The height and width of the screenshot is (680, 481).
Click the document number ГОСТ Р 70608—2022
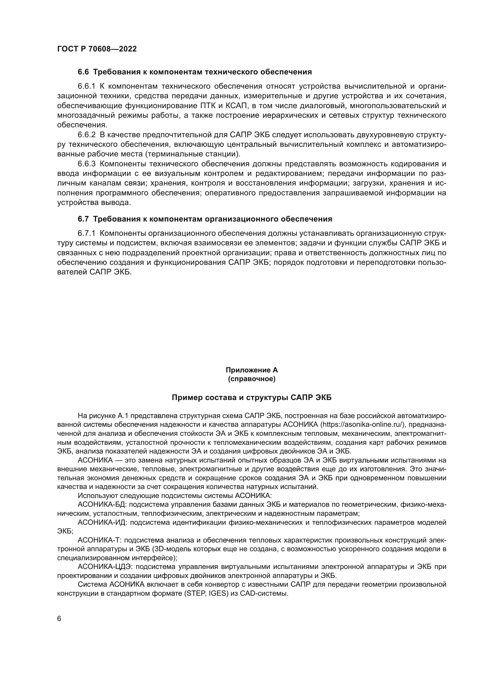tap(97, 49)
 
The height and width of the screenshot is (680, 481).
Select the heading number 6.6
tap(83, 72)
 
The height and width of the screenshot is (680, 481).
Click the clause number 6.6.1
tap(86, 86)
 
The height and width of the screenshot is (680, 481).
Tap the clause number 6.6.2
tap(86, 135)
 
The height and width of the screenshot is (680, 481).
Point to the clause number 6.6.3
tap(86, 164)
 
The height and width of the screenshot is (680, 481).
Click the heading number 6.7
tap(83, 219)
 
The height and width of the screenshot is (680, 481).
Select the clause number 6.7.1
tap(86, 233)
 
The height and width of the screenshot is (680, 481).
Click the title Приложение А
tap(252, 370)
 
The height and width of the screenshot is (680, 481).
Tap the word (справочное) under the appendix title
tap(252, 379)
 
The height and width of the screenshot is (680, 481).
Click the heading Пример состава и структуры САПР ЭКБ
tap(252, 398)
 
